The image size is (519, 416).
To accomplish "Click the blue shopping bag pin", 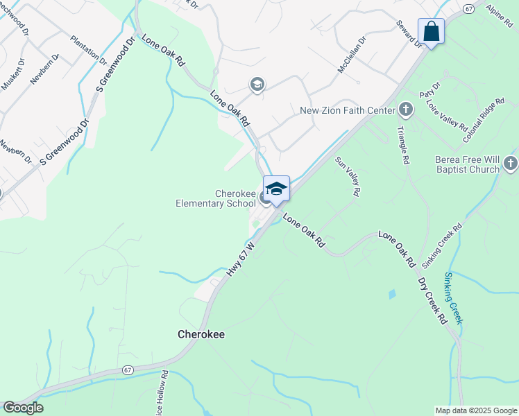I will click(x=431, y=32).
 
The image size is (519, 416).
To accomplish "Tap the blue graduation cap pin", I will click(x=276, y=189).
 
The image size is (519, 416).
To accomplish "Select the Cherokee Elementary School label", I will click(x=215, y=198).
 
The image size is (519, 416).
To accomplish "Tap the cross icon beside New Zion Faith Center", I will click(x=406, y=110).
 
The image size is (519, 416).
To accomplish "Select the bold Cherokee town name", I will click(x=201, y=333).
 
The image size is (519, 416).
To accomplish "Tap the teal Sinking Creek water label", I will click(x=454, y=298).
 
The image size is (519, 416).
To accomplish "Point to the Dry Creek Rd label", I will click(x=432, y=301).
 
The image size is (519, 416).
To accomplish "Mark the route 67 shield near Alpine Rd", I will click(x=470, y=8).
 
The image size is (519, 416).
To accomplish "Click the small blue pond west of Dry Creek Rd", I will click(x=393, y=294).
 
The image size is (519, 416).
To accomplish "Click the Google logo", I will click(x=23, y=408).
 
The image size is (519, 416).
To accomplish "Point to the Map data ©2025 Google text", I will click(x=475, y=410).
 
